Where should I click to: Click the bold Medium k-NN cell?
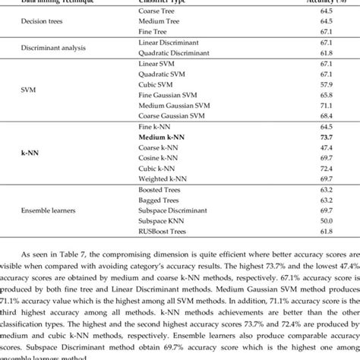[x=162, y=136]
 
